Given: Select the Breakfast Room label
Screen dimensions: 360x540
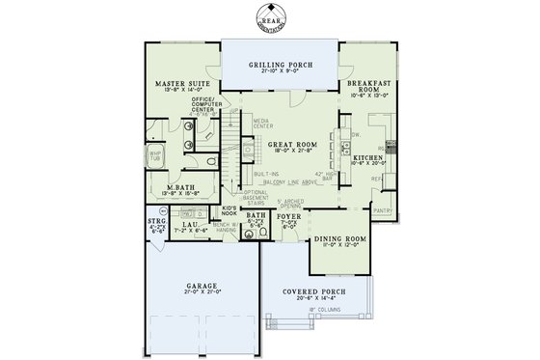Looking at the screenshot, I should pos(368,85).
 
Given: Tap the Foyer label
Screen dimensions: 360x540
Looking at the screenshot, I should pos(289,218).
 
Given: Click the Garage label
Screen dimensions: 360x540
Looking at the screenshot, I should pos(202,286).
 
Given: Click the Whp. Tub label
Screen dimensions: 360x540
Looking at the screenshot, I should pos(153,154).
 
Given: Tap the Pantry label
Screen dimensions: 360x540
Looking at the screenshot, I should pos(383,209).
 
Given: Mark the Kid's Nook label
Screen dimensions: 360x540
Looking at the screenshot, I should pos(229,209).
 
